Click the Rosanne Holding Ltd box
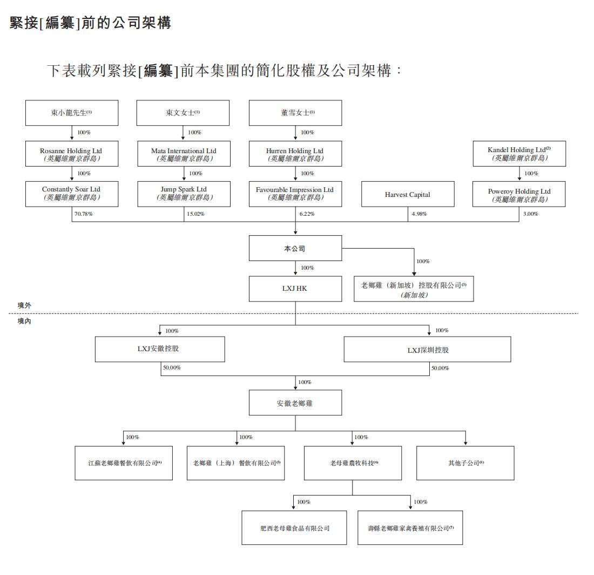[71, 154]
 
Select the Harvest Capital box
[408, 194]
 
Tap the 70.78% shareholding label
[84, 214]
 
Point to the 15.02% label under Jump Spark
[195, 214]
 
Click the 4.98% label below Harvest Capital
[419, 214]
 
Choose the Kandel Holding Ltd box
[519, 154]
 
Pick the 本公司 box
[295, 249]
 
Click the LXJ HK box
[295, 289]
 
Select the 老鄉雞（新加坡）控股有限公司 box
[414, 289]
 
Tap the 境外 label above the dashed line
[24, 305]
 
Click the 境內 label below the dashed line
[24, 321]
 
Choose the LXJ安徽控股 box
[159, 349]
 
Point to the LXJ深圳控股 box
[427, 350]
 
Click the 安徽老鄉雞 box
[295, 403]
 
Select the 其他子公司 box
[465, 463]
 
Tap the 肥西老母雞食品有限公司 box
[294, 528]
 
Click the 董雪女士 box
[295, 113]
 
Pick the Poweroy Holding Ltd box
[519, 195]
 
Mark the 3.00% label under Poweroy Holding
[531, 214]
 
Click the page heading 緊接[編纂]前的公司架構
[90, 23]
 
